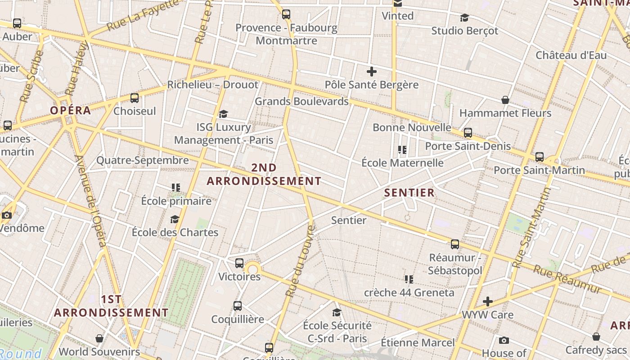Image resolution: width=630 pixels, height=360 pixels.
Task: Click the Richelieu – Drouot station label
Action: [213, 85]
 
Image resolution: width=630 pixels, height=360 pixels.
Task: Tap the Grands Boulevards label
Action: [301, 101]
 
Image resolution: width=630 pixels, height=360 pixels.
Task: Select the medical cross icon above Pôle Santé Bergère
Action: [372, 72]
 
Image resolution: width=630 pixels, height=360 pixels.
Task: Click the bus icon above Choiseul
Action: [135, 98]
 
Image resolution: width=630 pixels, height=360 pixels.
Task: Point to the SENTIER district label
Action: [409, 193]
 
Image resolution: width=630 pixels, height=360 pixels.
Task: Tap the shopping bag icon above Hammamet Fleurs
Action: [505, 99]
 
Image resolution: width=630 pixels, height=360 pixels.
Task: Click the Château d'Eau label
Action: [571, 55]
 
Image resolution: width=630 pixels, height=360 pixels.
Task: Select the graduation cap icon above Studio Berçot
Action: [464, 18]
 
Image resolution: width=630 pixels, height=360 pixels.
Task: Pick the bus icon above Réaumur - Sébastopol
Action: [455, 244]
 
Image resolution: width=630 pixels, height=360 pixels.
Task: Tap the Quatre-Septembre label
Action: [143, 160]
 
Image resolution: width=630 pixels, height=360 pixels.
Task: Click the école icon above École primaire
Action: [176, 187]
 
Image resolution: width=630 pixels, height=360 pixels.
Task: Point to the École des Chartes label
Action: [175, 233]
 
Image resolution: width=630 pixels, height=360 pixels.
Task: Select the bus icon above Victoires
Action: [239, 263]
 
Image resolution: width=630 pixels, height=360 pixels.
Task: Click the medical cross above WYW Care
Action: [488, 301]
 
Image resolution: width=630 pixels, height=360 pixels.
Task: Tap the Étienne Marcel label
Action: [418, 342]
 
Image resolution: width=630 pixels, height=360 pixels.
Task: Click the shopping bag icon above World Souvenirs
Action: [99, 338]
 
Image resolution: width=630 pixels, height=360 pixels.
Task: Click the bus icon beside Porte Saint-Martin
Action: [540, 157]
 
